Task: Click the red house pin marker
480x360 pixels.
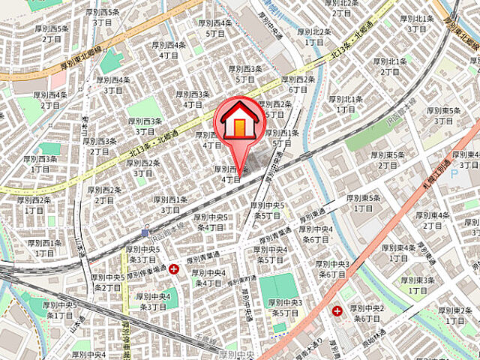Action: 238,120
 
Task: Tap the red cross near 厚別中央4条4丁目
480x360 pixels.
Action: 174,268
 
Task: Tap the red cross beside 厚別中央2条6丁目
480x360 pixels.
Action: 337,310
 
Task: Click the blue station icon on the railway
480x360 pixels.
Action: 145,232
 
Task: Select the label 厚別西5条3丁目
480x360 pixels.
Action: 104,18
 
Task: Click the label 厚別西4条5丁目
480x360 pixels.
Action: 215,28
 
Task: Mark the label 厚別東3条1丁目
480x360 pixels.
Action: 418,285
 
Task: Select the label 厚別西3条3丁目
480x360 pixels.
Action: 145,125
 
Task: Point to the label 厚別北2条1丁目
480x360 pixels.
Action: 314,37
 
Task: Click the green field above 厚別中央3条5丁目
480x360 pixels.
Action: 279,286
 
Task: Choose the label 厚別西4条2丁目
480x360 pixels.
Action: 52,100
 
